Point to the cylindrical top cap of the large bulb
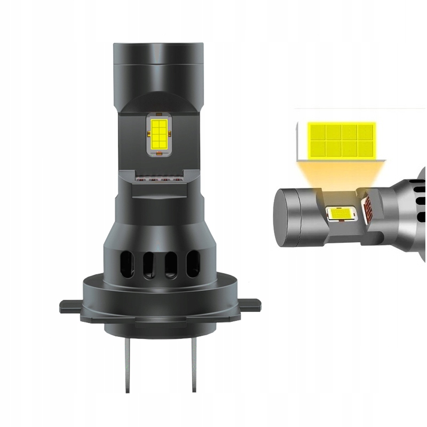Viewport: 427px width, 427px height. [159, 59]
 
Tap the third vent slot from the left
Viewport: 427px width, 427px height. [171, 264]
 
